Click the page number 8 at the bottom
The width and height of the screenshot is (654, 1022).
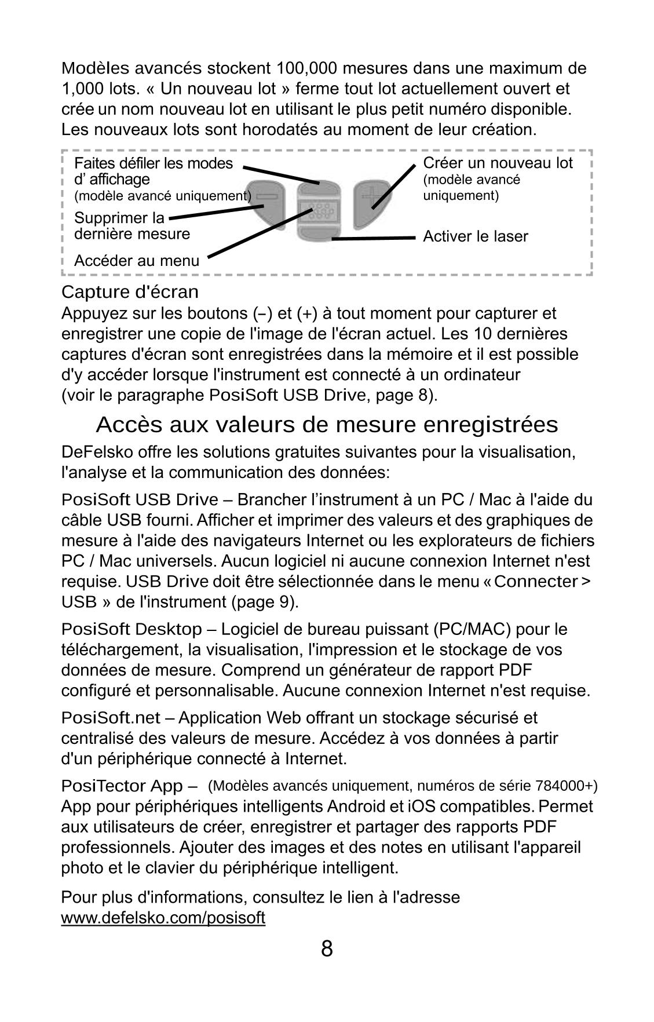(327, 949)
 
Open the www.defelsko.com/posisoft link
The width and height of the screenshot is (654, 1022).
(163, 918)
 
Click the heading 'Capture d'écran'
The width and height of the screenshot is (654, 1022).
(130, 291)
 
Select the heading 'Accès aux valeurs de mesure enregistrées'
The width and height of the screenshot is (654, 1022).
(327, 425)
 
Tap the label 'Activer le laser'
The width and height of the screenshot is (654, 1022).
(475, 236)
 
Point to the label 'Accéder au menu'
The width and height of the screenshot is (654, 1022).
(136, 261)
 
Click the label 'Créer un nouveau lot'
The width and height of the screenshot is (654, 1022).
(498, 163)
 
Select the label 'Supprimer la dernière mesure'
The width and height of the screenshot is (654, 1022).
(131, 226)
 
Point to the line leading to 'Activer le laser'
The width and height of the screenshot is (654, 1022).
(374, 238)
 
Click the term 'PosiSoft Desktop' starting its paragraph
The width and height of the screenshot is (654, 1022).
(131, 629)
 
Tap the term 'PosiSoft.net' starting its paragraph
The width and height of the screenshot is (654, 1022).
(110, 718)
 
